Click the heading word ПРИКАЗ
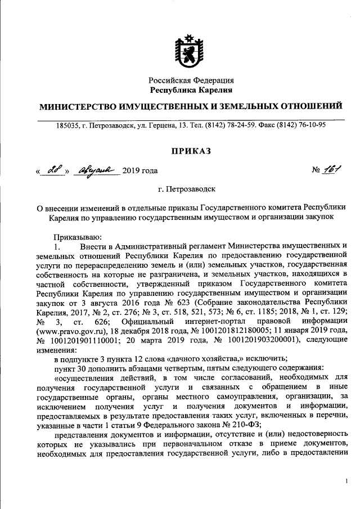tap(191, 150)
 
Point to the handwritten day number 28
tap(55, 170)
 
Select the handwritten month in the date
tap(97, 170)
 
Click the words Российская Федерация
tap(191, 80)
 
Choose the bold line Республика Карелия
tap(191, 90)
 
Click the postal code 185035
tap(69, 125)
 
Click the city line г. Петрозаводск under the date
tap(191, 191)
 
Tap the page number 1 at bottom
tap(346, 482)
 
